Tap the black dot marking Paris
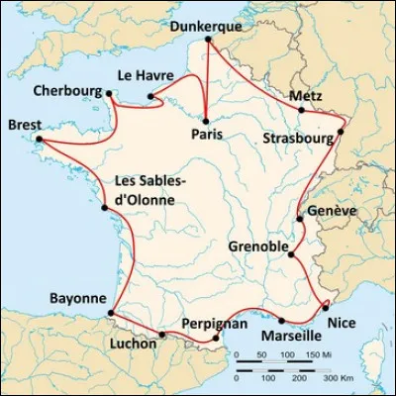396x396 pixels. click(206, 120)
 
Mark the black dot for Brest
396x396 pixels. click(41, 141)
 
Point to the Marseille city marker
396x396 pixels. click(282, 320)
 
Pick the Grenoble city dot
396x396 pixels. click(290, 255)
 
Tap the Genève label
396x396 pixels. click(330, 212)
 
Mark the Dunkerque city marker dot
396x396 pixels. click(208, 41)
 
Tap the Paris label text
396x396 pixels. click(206, 135)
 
